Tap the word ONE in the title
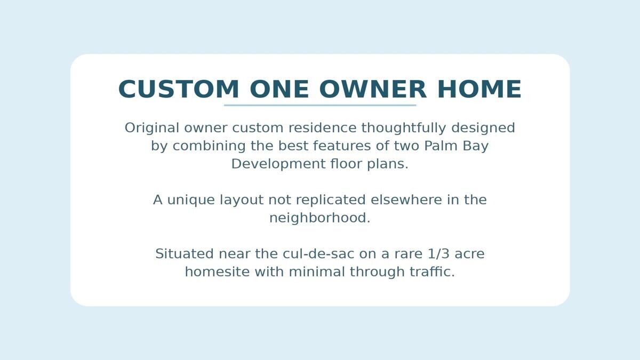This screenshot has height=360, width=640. (x=279, y=90)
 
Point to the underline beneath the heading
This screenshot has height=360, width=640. (x=320, y=105)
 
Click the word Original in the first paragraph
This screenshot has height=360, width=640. (x=152, y=128)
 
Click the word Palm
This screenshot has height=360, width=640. (x=442, y=146)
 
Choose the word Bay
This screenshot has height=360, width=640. (x=476, y=146)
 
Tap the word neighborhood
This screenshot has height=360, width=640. (x=319, y=218)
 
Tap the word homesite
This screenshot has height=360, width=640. (x=217, y=272)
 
